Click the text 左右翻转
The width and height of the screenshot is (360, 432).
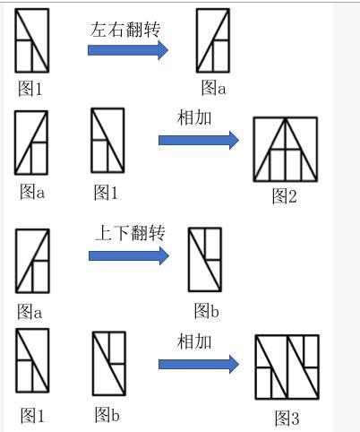(125, 30)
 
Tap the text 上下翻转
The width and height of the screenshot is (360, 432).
(131, 233)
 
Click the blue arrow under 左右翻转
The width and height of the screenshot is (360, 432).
(128, 50)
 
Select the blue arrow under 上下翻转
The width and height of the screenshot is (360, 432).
(129, 255)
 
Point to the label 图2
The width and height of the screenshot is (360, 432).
(285, 196)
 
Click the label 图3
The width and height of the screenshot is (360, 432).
(287, 418)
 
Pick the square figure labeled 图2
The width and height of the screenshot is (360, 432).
(286, 150)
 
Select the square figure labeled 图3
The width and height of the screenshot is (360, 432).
(287, 367)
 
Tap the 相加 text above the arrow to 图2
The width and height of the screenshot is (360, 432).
(194, 117)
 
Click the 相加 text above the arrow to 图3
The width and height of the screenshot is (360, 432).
(194, 341)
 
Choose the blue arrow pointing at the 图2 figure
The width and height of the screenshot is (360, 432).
(199, 140)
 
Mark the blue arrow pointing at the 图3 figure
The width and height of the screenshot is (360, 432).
(199, 364)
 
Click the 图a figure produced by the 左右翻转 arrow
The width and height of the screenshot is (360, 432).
(213, 40)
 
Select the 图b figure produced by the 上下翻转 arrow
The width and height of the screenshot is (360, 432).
(205, 260)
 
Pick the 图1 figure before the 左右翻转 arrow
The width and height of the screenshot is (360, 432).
(32, 40)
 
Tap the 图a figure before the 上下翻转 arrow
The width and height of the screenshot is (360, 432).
(32, 261)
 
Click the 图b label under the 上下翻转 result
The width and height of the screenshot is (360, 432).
(207, 311)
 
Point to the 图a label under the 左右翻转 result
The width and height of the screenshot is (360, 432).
(214, 88)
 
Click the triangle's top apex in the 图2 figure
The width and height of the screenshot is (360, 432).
(286, 118)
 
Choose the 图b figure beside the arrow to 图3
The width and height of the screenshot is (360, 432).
(109, 363)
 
